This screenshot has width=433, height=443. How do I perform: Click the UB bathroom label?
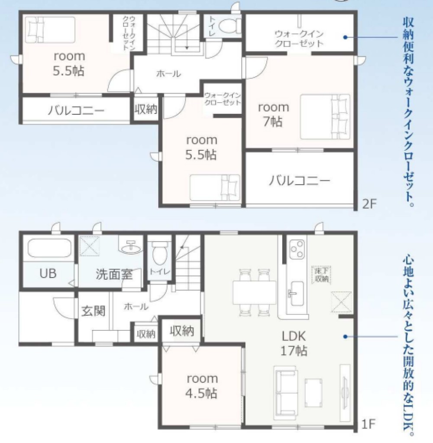coord(48,274)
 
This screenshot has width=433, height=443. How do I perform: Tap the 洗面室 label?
coord(114,274)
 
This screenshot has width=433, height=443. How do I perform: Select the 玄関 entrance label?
coord(94,311)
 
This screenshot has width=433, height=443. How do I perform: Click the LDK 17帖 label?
coord(294,343)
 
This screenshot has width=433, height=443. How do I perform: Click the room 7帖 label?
coord(273,114)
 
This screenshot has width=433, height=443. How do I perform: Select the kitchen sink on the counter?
coord(296,290)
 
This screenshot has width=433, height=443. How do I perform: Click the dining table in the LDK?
coord(254,293)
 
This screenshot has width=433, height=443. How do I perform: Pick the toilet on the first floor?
coord(158,253)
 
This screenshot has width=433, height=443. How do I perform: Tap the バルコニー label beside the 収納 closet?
coord(76,110)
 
